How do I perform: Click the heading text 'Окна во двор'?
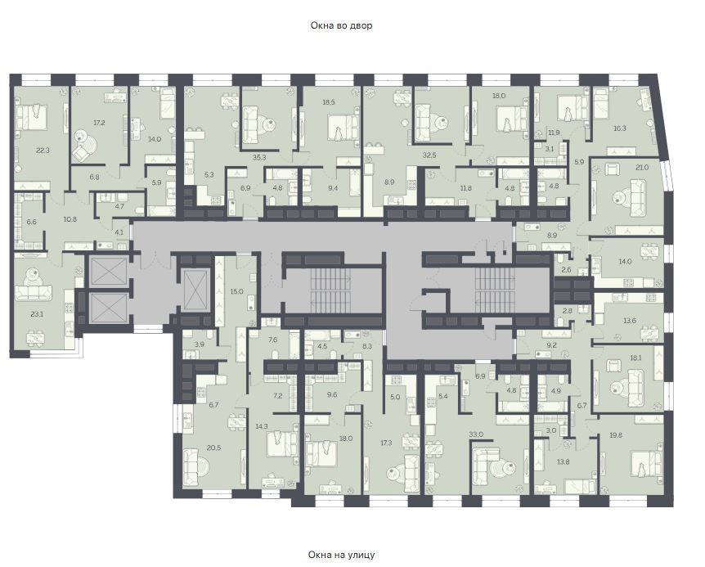(x=341, y=25)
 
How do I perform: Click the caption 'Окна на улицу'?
(x=341, y=555)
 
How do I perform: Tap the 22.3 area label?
(x=43, y=151)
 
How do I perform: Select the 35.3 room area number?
(x=259, y=157)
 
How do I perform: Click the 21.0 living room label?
(x=642, y=168)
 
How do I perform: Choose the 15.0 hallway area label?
(x=236, y=291)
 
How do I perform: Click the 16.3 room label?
(x=620, y=128)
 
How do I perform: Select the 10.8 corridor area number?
(x=70, y=219)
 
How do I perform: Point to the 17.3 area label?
(x=386, y=443)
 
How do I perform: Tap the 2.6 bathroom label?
(x=567, y=270)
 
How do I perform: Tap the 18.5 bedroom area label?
(x=329, y=102)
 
